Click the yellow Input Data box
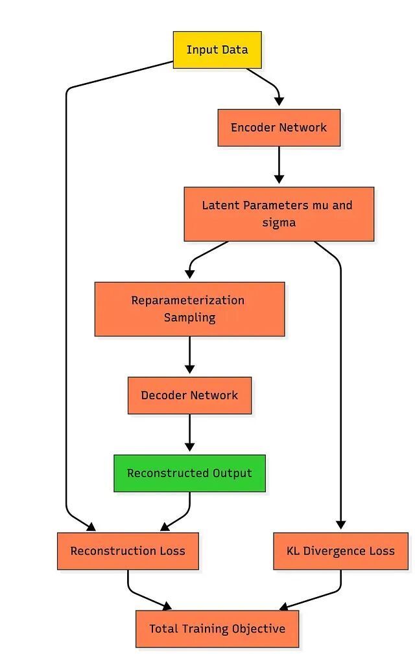tap(217, 50)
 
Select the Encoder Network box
tap(279, 128)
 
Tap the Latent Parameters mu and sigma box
tap(279, 214)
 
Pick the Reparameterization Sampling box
tap(190, 309)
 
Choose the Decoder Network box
tap(190, 395)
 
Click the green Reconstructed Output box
tap(190, 473)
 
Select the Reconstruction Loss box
tap(128, 551)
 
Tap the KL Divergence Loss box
tap(341, 551)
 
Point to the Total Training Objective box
tap(217, 629)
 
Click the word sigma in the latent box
tap(279, 223)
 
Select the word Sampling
tap(190, 318)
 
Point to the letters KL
tap(293, 551)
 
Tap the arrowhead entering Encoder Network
tap(279, 101)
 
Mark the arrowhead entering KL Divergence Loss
tap(341, 525)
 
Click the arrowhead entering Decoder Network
tap(190, 369)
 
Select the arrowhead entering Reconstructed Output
tap(190, 447)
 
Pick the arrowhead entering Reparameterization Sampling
tap(190, 274)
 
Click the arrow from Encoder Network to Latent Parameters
tap(279, 165)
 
